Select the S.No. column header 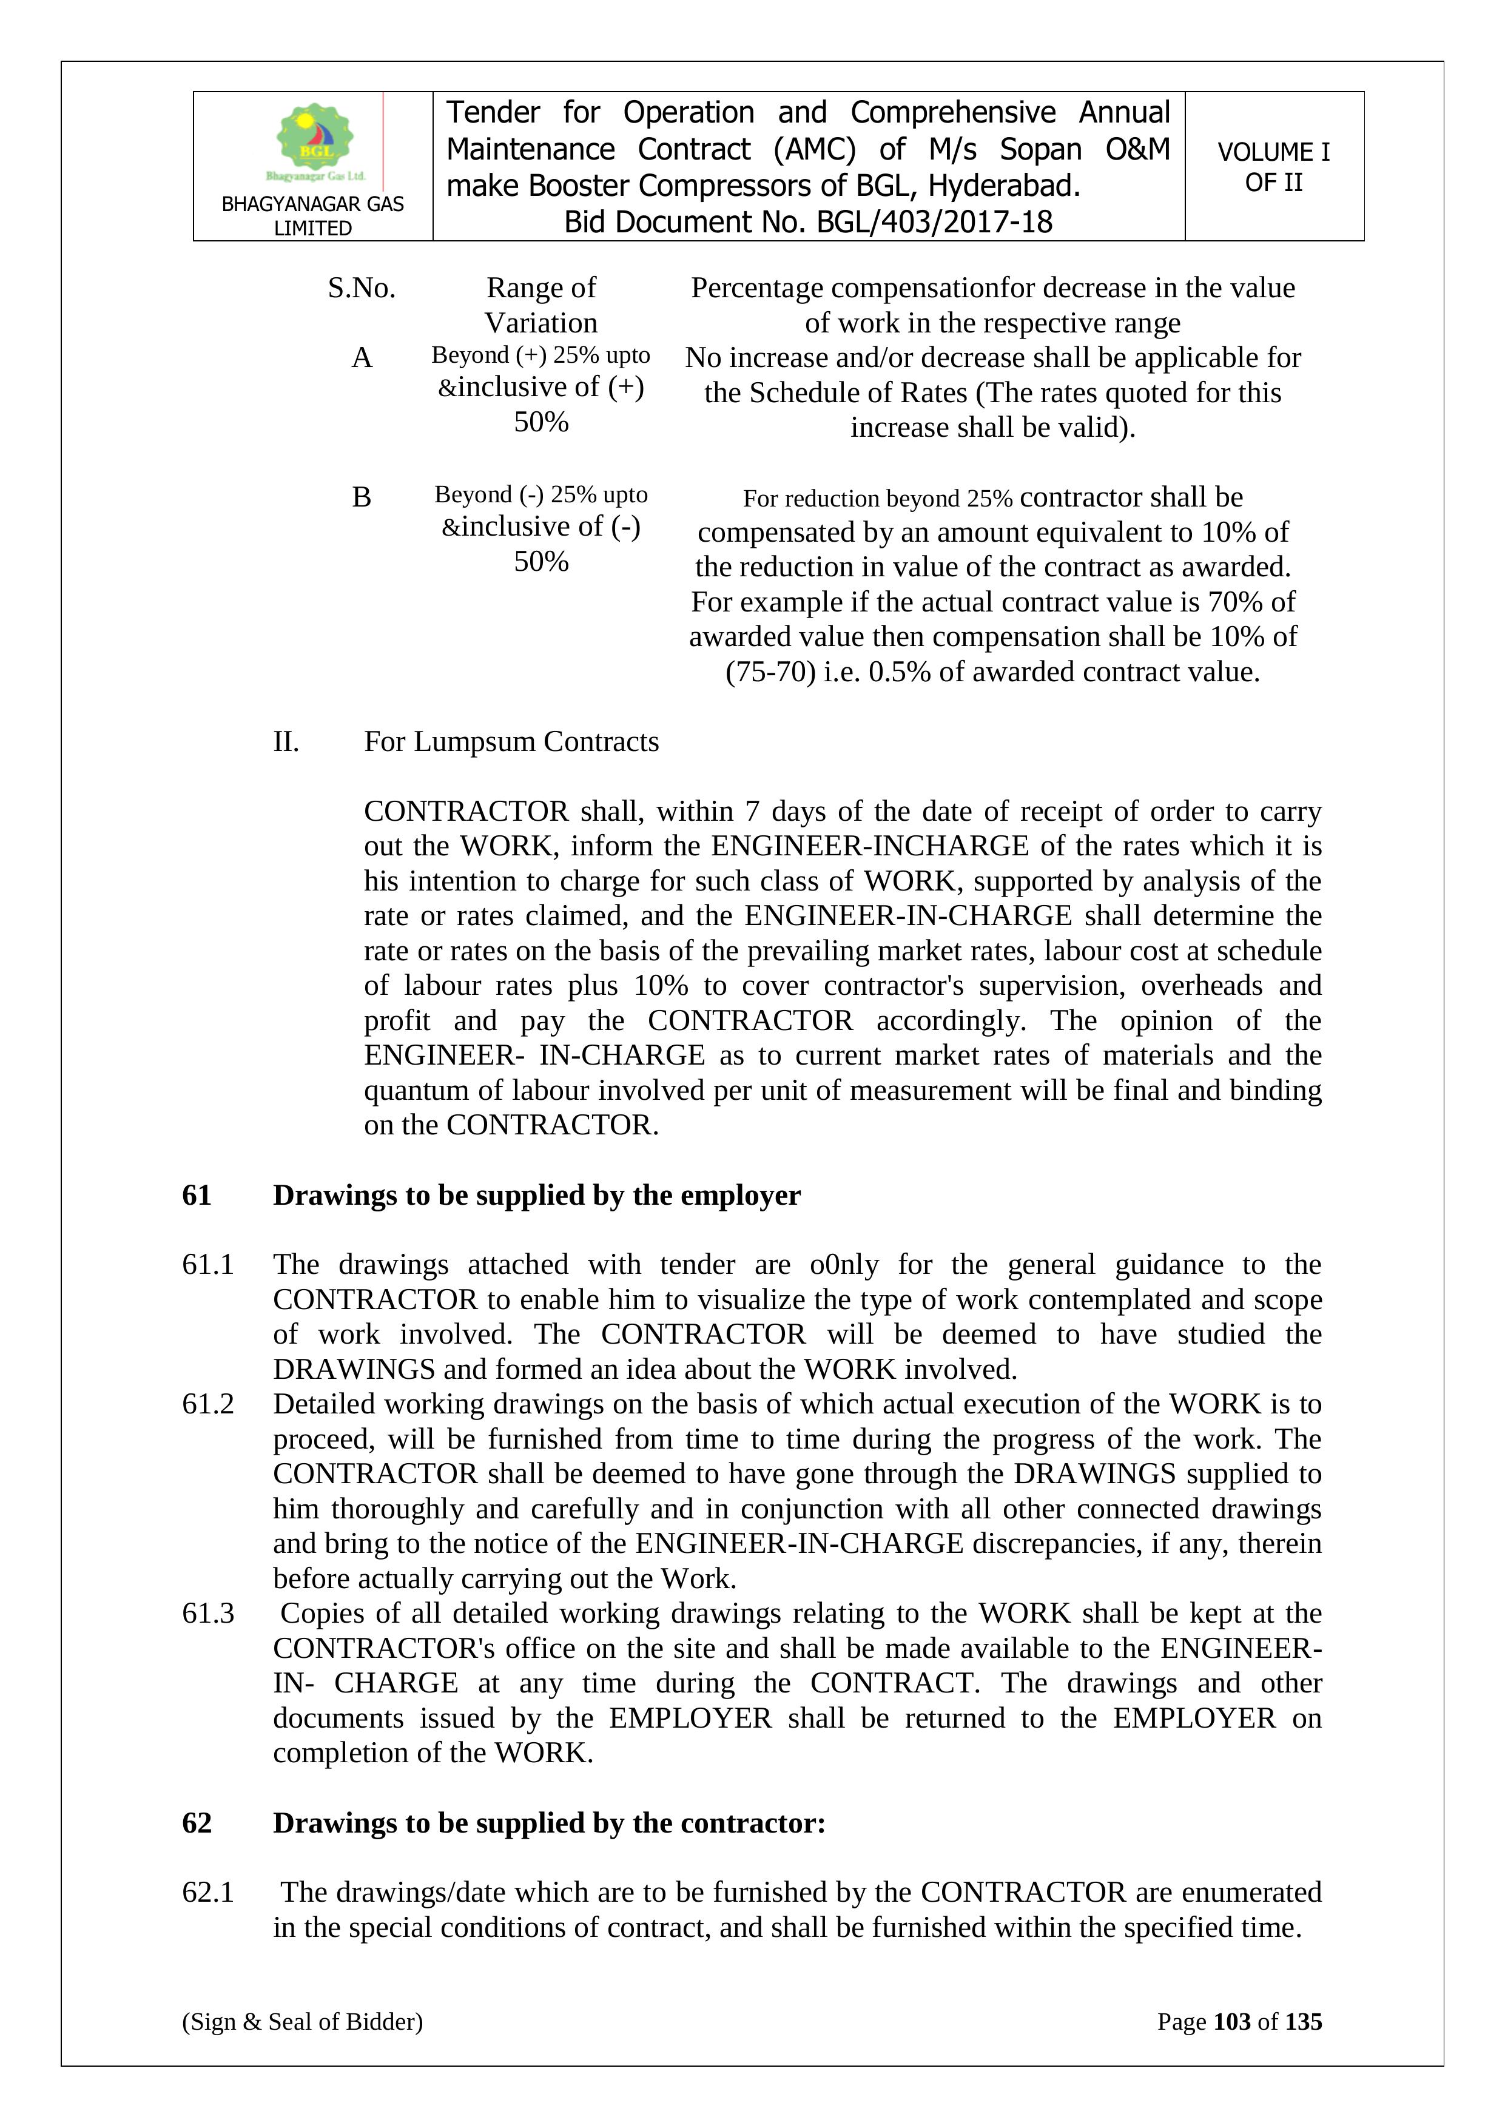(362, 288)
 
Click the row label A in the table (362, 358)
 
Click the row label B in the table (362, 497)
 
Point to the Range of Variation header (541, 305)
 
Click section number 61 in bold (197, 1196)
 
